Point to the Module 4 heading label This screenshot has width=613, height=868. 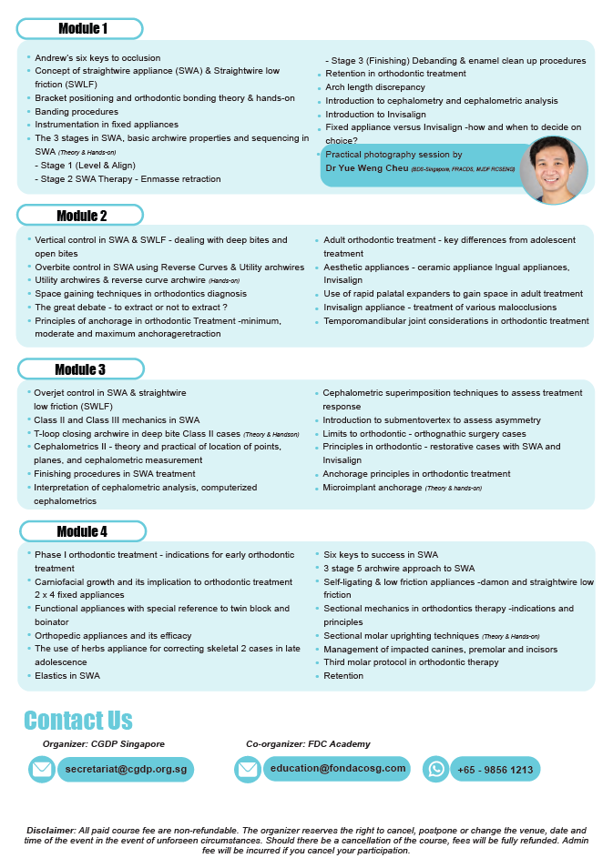81,531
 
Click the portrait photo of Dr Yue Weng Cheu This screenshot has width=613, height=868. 553,170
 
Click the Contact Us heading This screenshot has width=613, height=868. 78,721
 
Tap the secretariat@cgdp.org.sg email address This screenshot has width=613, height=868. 126,770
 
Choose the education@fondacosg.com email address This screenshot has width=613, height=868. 337,769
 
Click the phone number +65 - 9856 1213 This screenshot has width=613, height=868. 496,770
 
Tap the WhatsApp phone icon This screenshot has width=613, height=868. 436,770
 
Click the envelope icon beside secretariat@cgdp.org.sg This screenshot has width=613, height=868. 42,770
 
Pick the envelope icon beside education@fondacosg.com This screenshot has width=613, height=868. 248,770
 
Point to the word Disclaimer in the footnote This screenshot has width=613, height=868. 51,831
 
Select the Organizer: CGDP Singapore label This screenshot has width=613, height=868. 103,744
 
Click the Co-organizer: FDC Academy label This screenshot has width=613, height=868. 308,744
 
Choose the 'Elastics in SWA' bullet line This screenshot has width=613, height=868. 67,676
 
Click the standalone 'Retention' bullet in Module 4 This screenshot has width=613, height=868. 343,676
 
